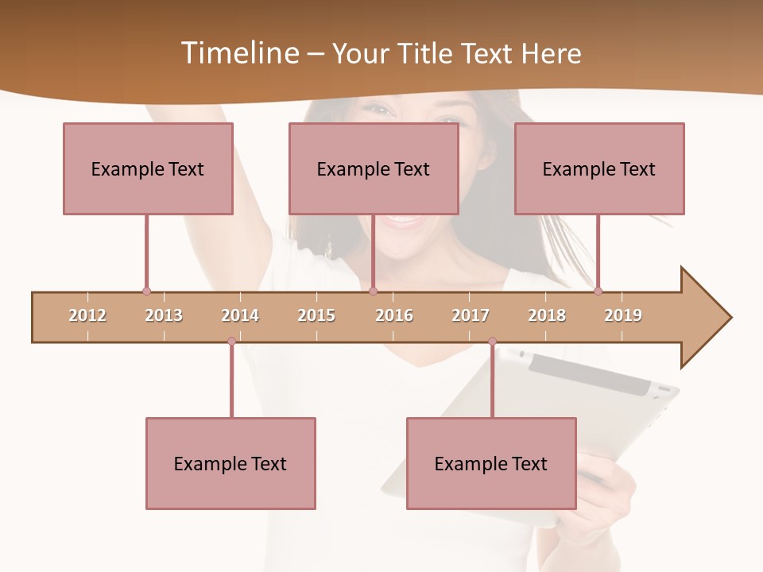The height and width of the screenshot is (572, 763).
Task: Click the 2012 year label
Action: pos(87,315)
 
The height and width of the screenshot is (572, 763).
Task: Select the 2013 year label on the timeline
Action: pos(164,315)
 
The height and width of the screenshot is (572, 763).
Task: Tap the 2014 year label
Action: pos(240,315)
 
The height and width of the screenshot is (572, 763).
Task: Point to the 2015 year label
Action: pos(316,315)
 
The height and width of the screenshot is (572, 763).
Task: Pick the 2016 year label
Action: pos(394,315)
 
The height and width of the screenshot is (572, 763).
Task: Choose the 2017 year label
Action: pos(471,315)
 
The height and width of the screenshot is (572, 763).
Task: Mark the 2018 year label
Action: pos(547,315)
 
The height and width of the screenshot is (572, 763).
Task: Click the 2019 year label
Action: pos(623,315)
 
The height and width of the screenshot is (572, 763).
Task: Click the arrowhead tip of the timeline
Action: pos(729,318)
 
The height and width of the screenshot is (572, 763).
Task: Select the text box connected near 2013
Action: pos(148,168)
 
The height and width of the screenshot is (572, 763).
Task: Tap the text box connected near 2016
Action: pos(374,168)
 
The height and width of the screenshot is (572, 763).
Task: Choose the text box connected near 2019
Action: pos(599,168)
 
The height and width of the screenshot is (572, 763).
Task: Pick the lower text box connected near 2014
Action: pos(230,463)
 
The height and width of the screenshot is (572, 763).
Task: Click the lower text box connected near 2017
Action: pos(491,463)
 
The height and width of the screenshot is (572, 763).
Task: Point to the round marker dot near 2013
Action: pos(146,291)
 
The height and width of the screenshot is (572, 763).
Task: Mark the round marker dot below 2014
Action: pos(231,341)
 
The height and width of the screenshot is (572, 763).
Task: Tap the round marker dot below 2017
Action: pos(492,341)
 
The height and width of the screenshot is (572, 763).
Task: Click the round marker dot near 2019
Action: pos(598,291)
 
